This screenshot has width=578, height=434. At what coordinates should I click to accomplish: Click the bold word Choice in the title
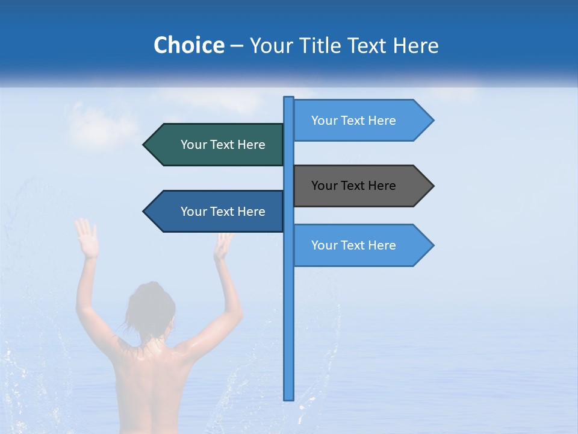(188, 45)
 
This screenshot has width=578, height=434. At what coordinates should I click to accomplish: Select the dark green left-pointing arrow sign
(217, 145)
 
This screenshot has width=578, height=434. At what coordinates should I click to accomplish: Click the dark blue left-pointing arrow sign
(217, 212)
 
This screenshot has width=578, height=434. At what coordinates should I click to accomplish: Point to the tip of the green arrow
(144, 145)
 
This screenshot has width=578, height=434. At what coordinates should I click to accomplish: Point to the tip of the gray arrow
(432, 186)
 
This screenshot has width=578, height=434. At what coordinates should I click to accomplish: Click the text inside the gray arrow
(353, 186)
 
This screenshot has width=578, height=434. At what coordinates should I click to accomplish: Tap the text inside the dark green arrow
(223, 145)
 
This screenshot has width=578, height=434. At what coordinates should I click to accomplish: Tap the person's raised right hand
(223, 244)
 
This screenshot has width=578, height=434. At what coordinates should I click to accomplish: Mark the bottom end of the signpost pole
(289, 398)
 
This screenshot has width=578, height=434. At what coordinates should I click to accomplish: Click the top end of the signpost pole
(289, 98)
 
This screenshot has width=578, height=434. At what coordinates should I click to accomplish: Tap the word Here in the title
(415, 45)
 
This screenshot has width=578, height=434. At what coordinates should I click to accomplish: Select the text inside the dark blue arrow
(223, 212)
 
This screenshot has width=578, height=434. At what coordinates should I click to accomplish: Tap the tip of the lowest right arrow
(432, 245)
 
